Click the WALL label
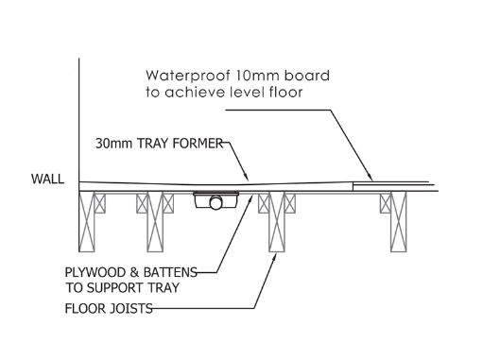(47, 179)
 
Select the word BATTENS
(170, 272)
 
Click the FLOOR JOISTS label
(109, 308)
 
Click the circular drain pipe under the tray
(216, 203)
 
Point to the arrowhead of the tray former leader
(246, 177)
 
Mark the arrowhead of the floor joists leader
(275, 257)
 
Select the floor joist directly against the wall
(87, 222)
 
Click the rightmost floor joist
(399, 222)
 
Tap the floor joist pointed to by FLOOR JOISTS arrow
(277, 222)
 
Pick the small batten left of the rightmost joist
(386, 203)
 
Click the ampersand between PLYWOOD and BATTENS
(134, 273)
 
